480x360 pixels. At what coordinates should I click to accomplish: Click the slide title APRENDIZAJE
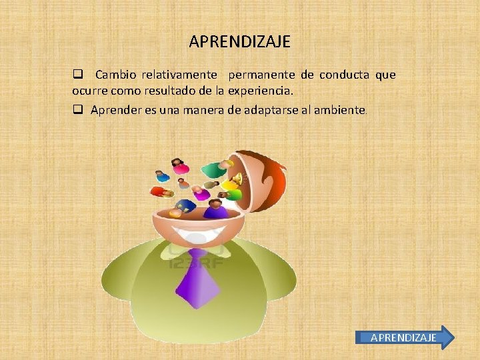point(239,42)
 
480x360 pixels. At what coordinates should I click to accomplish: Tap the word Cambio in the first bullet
point(115,75)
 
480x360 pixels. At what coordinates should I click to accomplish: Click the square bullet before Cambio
point(77,75)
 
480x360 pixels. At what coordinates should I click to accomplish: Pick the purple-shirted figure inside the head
point(215,209)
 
